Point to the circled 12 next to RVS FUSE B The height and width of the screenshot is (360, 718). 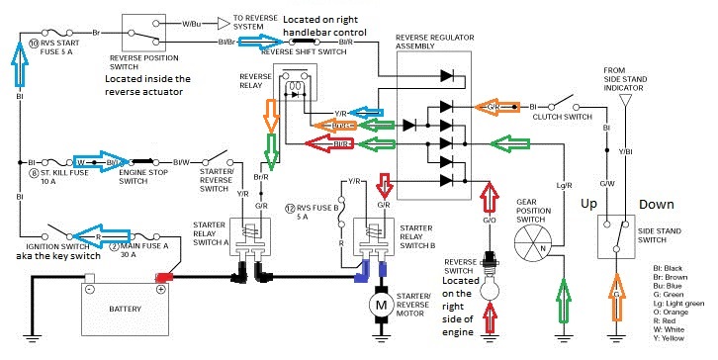click(288, 208)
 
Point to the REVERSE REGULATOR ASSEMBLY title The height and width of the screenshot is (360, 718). click(437, 43)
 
